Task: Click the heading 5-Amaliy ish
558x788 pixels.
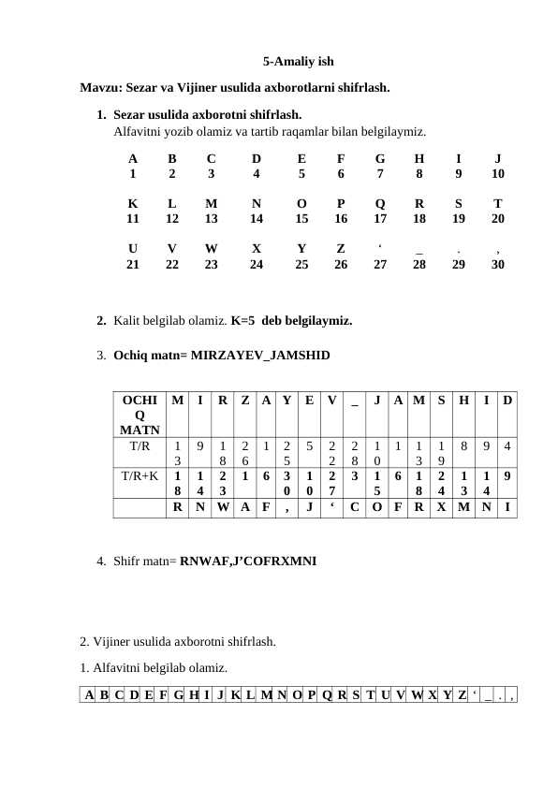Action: point(298,63)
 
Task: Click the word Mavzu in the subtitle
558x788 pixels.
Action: point(100,89)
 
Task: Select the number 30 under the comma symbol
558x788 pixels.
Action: point(498,265)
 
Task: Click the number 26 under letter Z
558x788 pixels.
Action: point(340,265)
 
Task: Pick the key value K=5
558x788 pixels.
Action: point(244,321)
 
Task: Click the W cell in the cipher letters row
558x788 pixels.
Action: point(222,509)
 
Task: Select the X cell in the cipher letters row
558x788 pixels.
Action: point(441,509)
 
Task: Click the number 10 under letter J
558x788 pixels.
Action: point(498,173)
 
